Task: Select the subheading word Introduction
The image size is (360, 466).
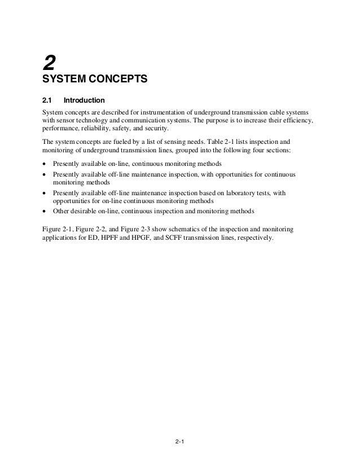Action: pos(84,100)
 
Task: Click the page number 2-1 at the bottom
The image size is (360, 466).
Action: pos(179,441)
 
